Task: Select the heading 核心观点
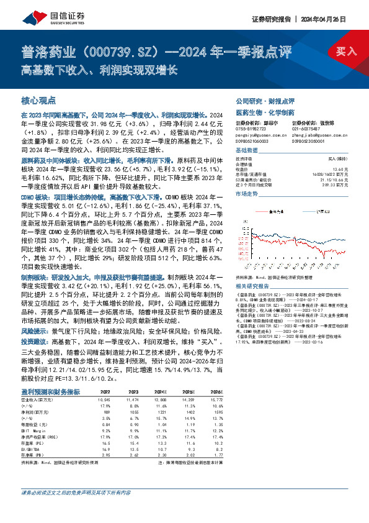(x=38, y=100)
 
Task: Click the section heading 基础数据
(x=246, y=152)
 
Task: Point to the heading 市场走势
(x=246, y=194)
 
